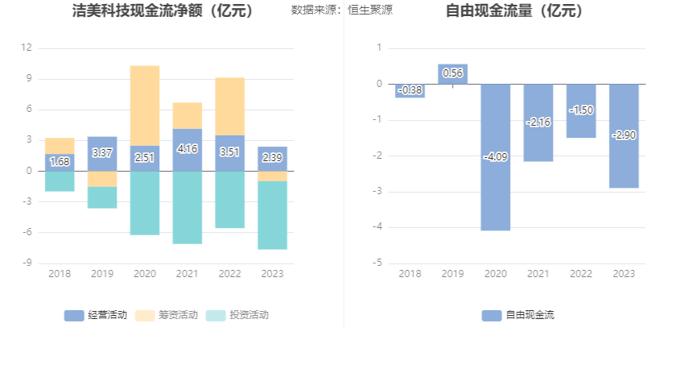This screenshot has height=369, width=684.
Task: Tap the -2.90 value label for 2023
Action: [x=624, y=135]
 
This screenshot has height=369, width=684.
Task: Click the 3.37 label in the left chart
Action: [x=102, y=153]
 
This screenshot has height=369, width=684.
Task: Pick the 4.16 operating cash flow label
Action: [x=187, y=149]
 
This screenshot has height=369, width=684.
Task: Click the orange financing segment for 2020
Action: [x=145, y=105]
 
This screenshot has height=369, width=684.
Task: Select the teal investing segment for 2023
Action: [x=272, y=215]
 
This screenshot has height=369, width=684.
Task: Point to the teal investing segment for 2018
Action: [x=60, y=181]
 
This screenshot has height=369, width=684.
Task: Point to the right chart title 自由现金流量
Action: [x=515, y=11]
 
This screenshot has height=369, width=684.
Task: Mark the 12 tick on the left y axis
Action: [x=27, y=48]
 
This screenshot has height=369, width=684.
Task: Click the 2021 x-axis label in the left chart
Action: [x=187, y=274]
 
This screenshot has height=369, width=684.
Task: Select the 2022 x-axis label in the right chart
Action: [x=581, y=274]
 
